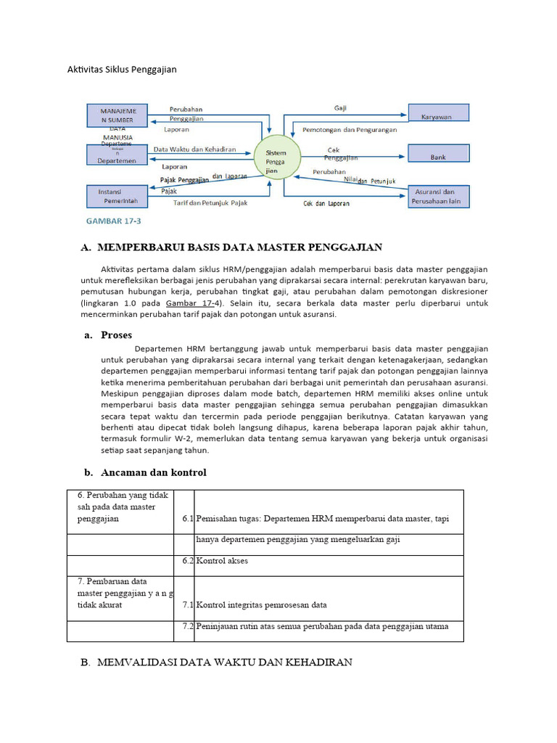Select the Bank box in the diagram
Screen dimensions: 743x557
coord(438,155)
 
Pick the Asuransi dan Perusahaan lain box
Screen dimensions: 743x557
coord(438,196)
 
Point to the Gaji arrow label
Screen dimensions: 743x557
coord(340,107)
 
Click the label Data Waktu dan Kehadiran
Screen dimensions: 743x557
coord(194,149)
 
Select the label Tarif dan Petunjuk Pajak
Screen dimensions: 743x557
coord(210,203)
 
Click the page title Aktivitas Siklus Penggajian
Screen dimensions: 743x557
coord(123,70)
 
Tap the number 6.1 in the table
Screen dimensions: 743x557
coord(185,520)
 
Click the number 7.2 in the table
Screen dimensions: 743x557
coord(185,626)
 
